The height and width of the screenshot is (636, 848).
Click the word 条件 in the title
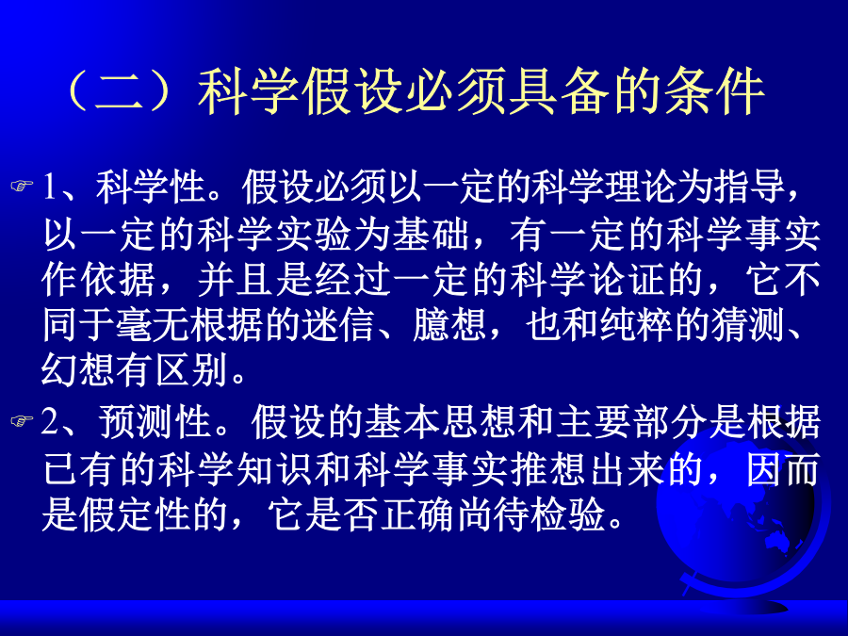[714, 92]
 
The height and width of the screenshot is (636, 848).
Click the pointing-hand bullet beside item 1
[22, 187]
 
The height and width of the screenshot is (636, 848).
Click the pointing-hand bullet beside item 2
[22, 421]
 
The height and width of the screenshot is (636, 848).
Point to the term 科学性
[152, 188]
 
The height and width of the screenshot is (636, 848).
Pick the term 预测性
[155, 422]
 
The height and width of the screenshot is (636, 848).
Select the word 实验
[314, 235]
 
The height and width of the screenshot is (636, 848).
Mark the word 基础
[431, 235]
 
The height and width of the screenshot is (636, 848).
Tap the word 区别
[191, 371]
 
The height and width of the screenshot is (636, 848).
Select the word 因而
[783, 469]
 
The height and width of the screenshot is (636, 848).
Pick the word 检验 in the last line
[568, 514]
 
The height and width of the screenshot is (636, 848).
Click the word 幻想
[79, 371]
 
